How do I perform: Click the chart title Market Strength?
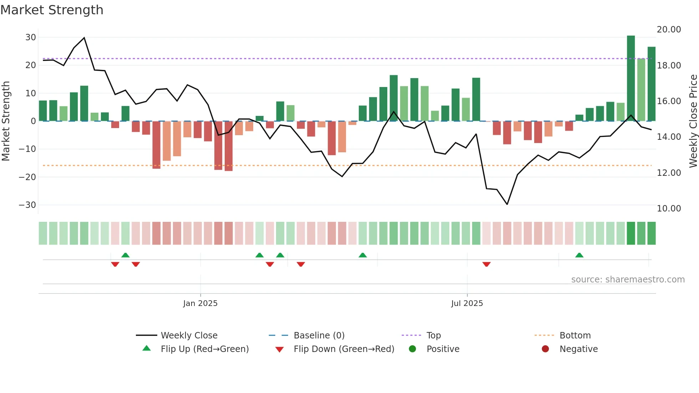pos(52,10)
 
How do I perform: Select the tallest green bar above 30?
pos(631,78)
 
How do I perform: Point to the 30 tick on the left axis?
pos(31,37)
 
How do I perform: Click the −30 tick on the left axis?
pos(27,205)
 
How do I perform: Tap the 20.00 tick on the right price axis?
pos(669,30)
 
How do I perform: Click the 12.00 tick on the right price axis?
pos(669,173)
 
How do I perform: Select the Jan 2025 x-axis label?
pos(200,303)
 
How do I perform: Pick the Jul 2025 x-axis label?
pos(467,303)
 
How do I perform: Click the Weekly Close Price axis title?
pos(693,121)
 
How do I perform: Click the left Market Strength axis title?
pos(6,121)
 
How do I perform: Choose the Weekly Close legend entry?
pos(189,336)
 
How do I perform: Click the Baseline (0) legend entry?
pos(319,336)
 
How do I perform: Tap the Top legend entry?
pos(433,336)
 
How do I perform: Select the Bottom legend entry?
pos(575,336)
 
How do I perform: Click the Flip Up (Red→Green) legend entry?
pos(204,349)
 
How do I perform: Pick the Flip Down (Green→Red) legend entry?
pos(344,349)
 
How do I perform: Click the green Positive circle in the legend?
pos(412,349)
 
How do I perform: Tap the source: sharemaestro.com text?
pos(628,280)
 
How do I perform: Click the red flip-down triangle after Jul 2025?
pos(486,264)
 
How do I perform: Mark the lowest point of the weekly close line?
pos(507,204)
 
